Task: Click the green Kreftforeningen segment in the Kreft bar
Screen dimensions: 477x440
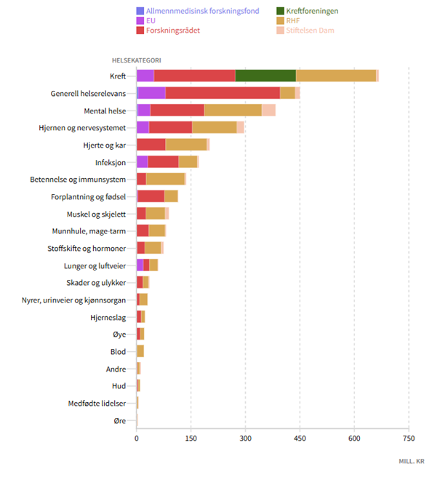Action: click(265, 76)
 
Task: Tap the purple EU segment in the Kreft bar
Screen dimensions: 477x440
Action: click(145, 76)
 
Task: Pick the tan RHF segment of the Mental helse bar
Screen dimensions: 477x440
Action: click(233, 111)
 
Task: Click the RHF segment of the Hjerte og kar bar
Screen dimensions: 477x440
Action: click(185, 145)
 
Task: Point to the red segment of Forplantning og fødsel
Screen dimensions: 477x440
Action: click(151, 196)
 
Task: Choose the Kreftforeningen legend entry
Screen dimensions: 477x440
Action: click(313, 12)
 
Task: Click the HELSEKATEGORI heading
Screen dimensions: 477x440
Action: click(136, 60)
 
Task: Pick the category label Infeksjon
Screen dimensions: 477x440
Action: click(111, 162)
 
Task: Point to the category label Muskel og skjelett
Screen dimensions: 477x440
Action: click(95, 214)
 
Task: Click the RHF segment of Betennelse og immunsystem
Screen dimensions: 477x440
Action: click(165, 179)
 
